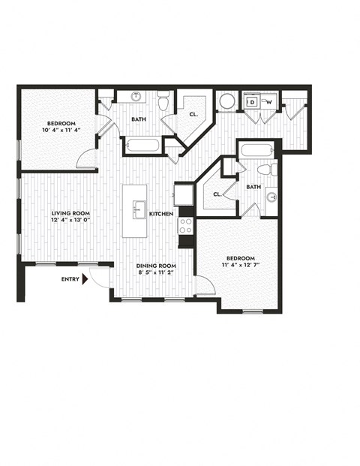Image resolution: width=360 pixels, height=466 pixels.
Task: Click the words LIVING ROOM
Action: pyautogui.click(x=70, y=213)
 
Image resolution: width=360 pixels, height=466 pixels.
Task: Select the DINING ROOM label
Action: pyautogui.click(x=155, y=266)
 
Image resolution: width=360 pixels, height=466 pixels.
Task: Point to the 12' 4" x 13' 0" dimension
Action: pyautogui.click(x=70, y=221)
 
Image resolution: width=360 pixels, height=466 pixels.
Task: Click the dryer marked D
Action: pyautogui.click(x=253, y=101)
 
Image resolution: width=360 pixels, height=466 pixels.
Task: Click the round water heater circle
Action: pyautogui.click(x=227, y=101)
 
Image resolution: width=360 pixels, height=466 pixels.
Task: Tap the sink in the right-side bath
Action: pyautogui.click(x=271, y=198)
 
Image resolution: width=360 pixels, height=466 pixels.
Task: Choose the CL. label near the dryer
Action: pyautogui.click(x=193, y=114)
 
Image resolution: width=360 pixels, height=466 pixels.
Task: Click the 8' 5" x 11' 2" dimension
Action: pyautogui.click(x=155, y=273)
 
